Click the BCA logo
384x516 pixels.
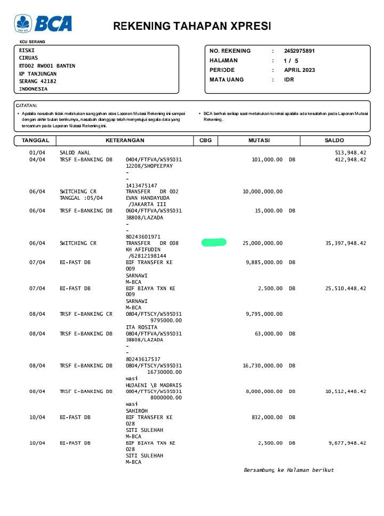(43, 23)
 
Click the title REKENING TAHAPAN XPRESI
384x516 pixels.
(192, 26)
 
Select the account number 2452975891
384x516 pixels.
(299, 51)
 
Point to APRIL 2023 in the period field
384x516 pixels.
(299, 70)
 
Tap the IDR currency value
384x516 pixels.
(289, 80)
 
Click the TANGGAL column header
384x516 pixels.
(35, 141)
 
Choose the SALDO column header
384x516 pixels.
(334, 141)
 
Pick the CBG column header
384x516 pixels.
(205, 141)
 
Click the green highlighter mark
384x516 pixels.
(214, 243)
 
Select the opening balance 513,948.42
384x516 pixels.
(349, 153)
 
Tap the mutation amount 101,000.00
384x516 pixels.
(267, 159)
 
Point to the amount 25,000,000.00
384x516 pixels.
(262, 243)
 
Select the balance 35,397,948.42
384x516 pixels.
(346, 243)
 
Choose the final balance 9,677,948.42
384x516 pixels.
(347, 443)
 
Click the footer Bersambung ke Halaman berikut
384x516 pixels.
(289, 470)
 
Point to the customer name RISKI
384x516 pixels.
(27, 51)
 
